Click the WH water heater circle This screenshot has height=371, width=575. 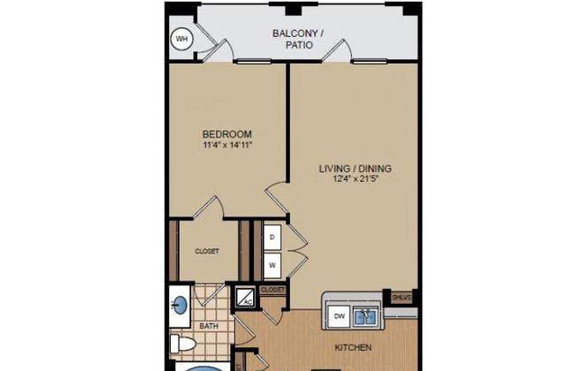182,39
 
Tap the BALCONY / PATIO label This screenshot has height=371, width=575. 298,39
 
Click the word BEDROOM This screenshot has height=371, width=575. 227,134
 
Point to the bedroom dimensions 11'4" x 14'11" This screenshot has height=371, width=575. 227,146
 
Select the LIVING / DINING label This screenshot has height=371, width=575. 356,169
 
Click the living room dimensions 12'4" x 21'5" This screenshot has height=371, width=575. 356,179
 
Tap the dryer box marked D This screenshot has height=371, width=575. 272,238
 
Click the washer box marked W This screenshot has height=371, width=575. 272,265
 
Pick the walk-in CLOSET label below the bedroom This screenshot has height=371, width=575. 207,251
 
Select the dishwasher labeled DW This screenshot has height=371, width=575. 340,316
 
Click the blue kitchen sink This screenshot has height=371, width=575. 365,317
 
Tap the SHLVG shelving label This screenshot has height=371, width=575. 402,298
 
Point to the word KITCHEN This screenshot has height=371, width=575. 353,347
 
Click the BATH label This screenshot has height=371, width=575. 209,326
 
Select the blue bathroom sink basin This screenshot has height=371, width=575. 180,306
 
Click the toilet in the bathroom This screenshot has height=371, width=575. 182,344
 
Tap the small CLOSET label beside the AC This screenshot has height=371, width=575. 272,290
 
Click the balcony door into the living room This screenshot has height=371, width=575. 337,50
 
